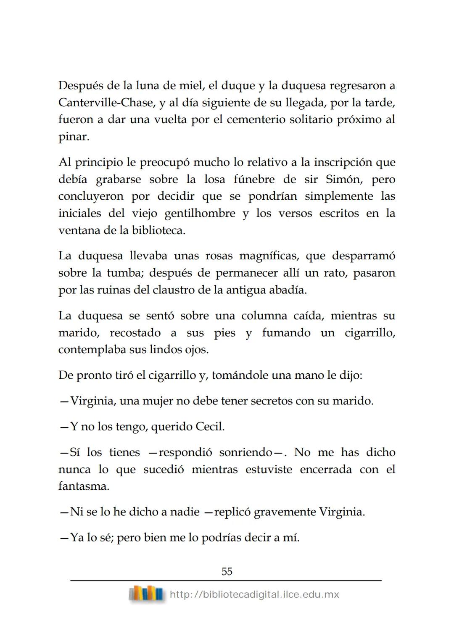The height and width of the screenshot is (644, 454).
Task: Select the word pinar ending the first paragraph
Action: (x=73, y=137)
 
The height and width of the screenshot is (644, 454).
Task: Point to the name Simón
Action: (x=342, y=179)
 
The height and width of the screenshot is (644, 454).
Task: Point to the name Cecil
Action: (x=210, y=427)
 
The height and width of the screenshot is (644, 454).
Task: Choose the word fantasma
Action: (x=84, y=486)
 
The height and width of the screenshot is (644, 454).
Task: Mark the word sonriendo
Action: (x=245, y=452)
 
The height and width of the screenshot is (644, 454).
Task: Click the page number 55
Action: (x=227, y=571)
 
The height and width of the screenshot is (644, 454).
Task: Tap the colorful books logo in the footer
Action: (x=146, y=594)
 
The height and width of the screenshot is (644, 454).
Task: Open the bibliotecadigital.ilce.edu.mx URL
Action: (x=254, y=594)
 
